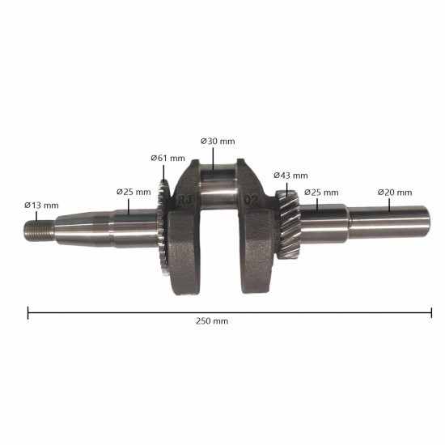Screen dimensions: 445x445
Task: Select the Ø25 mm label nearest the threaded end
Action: pyautogui.click(x=133, y=192)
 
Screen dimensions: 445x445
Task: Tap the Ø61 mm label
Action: pyautogui.click(x=167, y=158)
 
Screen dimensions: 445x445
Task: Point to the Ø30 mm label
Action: pyautogui.click(x=218, y=141)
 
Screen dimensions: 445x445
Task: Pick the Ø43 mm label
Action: pyautogui.click(x=290, y=175)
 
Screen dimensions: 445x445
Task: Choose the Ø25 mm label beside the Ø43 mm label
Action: pyautogui.click(x=321, y=192)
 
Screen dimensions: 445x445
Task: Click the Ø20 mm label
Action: pyautogui.click(x=395, y=192)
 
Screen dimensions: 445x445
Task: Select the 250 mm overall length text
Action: pyautogui.click(x=212, y=321)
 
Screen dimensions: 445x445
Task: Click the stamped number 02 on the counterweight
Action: pyautogui.click(x=251, y=197)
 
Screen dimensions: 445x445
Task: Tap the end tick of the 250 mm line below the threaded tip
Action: pyautogui.click(x=28, y=311)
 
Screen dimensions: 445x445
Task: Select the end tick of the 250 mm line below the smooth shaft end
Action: pyautogui.click(x=431, y=311)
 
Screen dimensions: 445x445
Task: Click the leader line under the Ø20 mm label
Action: pyautogui.click(x=390, y=205)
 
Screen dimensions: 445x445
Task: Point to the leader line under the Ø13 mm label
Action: pyautogui.click(x=36, y=216)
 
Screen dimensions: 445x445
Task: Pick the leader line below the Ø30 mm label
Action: pyautogui.click(x=210, y=157)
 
